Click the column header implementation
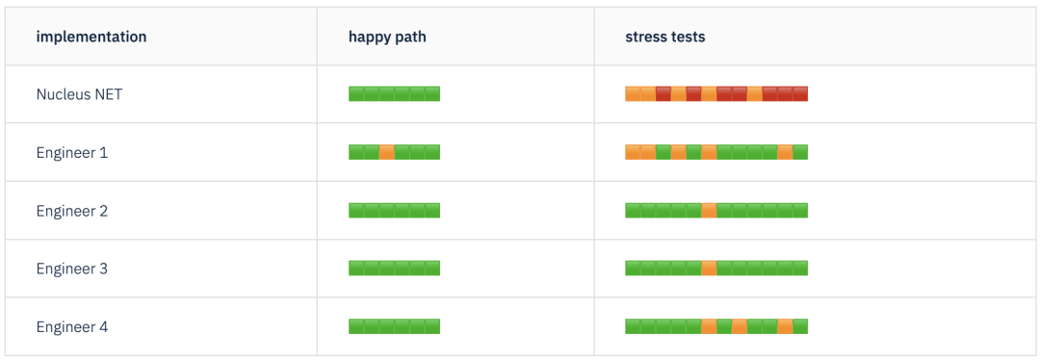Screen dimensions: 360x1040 pyautogui.click(x=91, y=37)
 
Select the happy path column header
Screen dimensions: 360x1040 pyautogui.click(x=387, y=37)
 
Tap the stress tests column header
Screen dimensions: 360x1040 pyautogui.click(x=664, y=37)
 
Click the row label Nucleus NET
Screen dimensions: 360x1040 pyautogui.click(x=79, y=94)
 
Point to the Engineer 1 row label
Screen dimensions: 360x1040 pyautogui.click(x=72, y=152)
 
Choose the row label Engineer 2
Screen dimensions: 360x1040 pyautogui.click(x=72, y=211)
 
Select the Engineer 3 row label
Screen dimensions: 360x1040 pyautogui.click(x=72, y=269)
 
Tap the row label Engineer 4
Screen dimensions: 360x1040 pyautogui.click(x=72, y=327)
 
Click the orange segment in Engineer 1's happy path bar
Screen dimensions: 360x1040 pyautogui.click(x=387, y=152)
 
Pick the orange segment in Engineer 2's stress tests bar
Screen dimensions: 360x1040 pyautogui.click(x=709, y=211)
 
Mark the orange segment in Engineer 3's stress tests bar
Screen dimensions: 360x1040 pyautogui.click(x=709, y=269)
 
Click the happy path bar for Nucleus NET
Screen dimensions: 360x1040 pyautogui.click(x=394, y=94)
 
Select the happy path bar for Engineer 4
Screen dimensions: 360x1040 pyautogui.click(x=394, y=327)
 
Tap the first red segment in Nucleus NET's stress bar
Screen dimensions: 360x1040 pyautogui.click(x=663, y=94)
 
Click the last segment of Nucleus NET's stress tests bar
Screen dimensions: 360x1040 pyautogui.click(x=800, y=94)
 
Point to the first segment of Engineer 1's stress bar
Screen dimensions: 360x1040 pyautogui.click(x=633, y=152)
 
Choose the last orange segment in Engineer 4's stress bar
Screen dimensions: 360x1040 pyautogui.click(x=785, y=327)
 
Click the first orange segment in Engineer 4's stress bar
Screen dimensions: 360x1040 pyautogui.click(x=709, y=327)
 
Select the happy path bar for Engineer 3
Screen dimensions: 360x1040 pyautogui.click(x=394, y=269)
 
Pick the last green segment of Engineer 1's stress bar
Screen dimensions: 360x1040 pyautogui.click(x=800, y=152)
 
